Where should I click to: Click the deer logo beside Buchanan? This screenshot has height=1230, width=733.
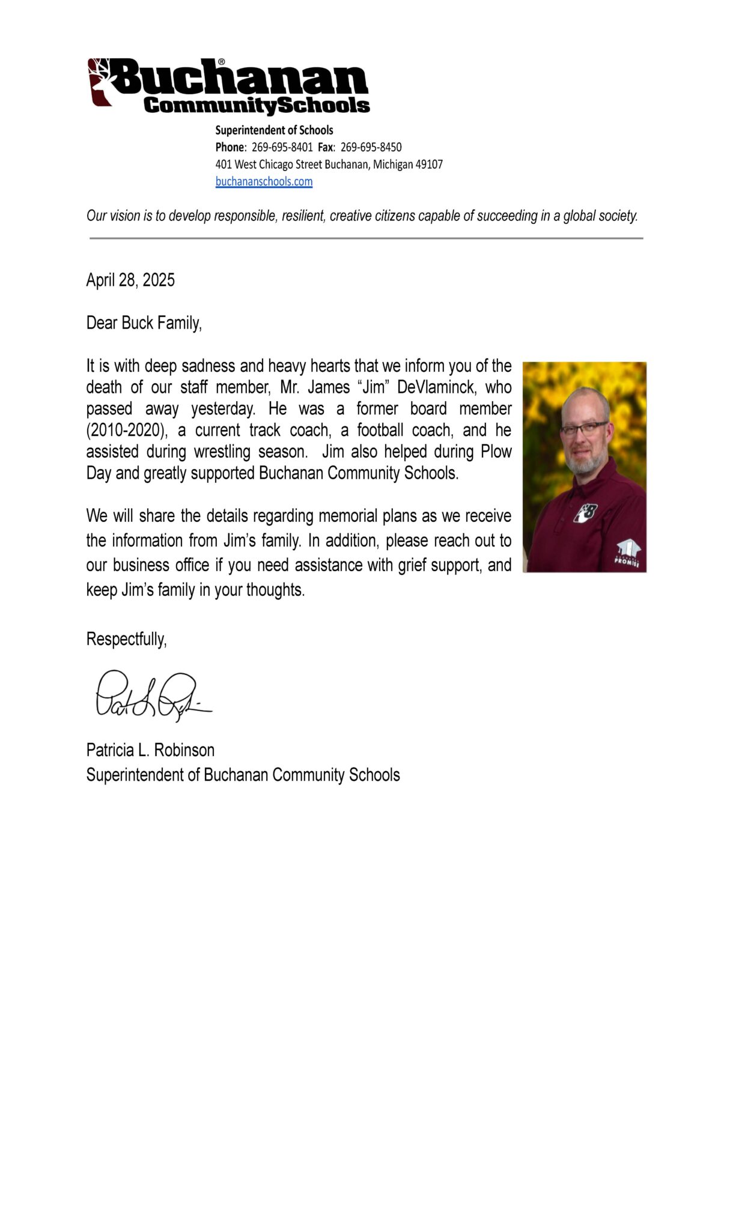101,82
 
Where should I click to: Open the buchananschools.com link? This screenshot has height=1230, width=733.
264,181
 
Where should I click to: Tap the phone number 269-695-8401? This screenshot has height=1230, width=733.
282,147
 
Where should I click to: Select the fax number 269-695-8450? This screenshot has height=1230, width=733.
371,147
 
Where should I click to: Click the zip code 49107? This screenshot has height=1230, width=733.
429,165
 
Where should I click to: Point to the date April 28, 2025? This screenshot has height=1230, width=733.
130,280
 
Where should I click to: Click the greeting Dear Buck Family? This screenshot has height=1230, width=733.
144,323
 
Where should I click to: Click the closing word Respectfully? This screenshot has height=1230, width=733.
126,639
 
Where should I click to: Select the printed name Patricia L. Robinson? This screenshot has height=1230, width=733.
150,750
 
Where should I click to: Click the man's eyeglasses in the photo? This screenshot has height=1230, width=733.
583,428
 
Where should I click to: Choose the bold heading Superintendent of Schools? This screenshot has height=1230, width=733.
274,130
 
